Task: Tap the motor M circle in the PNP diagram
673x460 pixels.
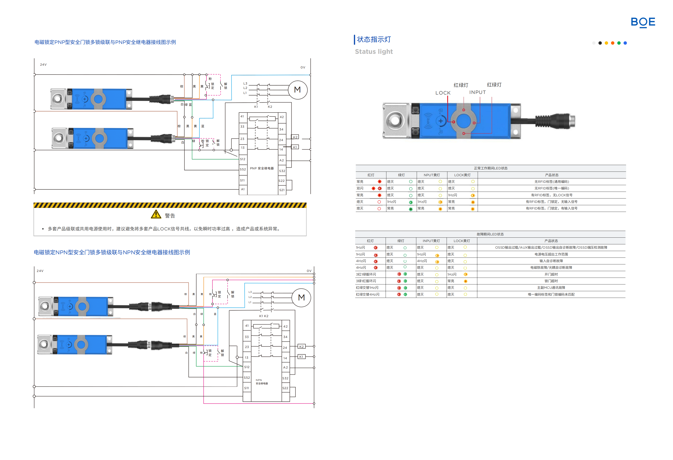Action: coord(297,90)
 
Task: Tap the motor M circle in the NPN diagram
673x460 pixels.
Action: coord(301,297)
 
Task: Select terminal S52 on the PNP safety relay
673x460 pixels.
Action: coord(243,169)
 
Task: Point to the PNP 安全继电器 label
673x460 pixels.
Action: coord(262,168)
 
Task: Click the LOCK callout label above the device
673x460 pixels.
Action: coord(443,93)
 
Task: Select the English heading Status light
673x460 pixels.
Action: coord(374,52)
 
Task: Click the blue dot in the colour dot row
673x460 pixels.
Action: coord(625,43)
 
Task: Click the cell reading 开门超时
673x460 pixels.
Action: coord(551,274)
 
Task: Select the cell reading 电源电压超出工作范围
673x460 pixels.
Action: coord(551,254)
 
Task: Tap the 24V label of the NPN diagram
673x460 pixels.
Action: coord(40,271)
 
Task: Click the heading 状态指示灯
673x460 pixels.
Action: coord(374,39)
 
